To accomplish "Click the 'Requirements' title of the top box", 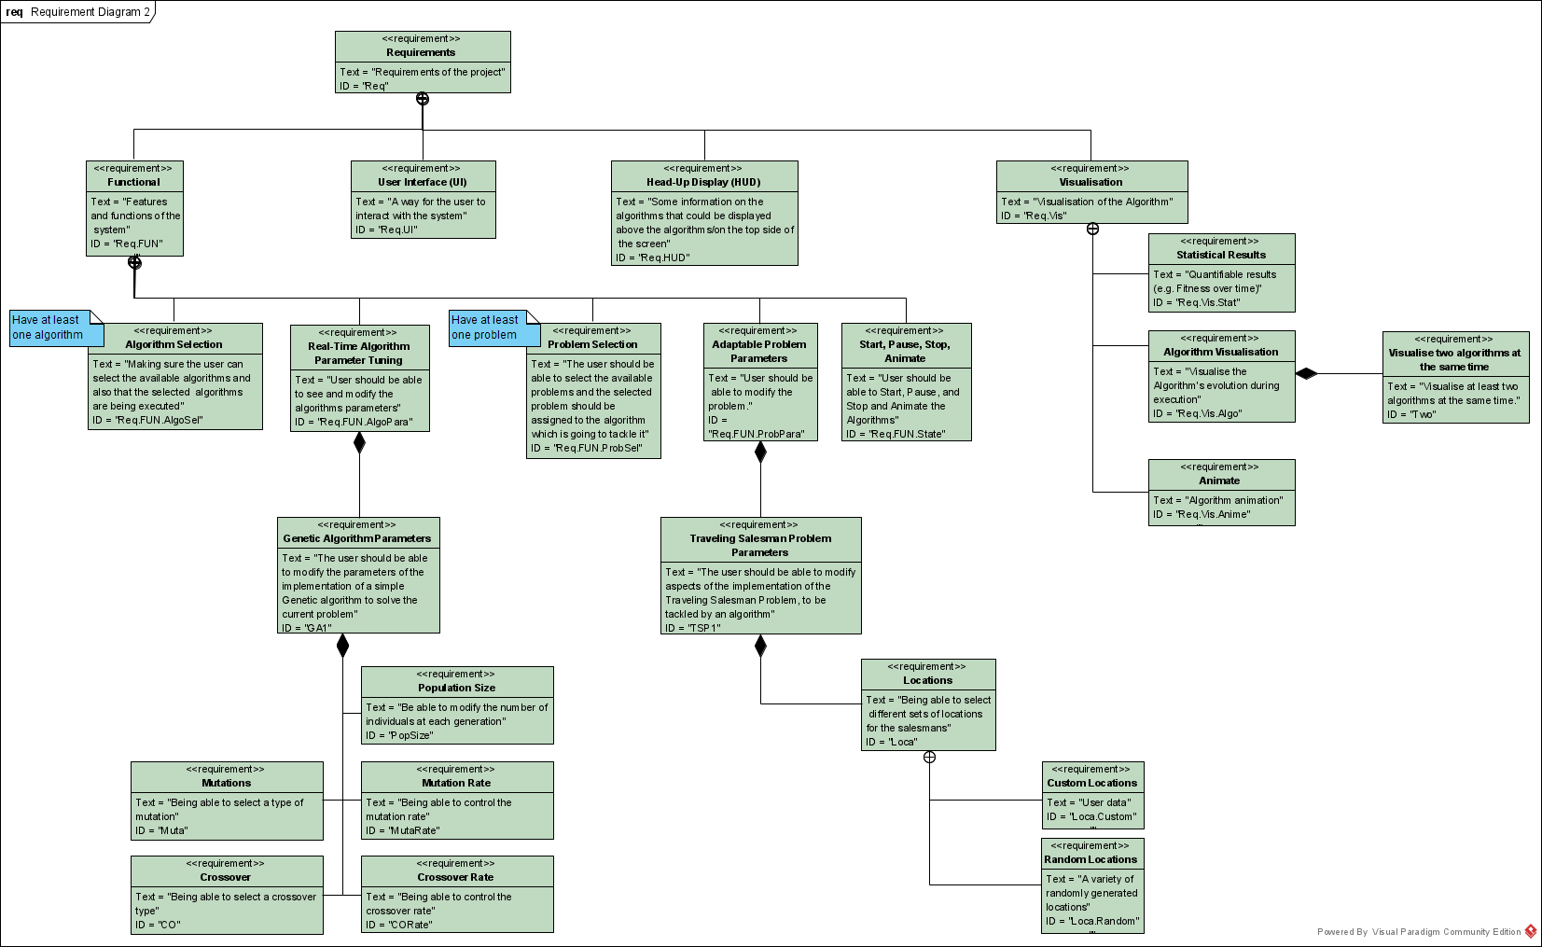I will click(x=421, y=53).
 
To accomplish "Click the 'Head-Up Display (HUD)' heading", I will click(x=703, y=183).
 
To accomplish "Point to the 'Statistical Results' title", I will click(x=1220, y=255).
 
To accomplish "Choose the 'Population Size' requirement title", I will click(x=456, y=688).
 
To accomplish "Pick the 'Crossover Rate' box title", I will click(x=455, y=877).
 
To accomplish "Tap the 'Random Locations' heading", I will click(x=1091, y=859).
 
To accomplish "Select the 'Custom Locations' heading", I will click(x=1091, y=783).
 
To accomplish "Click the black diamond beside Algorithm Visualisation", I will click(x=1306, y=374).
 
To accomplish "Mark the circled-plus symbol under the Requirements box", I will click(x=423, y=99).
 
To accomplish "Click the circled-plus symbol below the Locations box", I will click(x=929, y=757).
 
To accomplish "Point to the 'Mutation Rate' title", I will click(x=455, y=783).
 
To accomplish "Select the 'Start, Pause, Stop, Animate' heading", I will click(x=905, y=351).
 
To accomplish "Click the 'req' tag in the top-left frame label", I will click(x=14, y=12).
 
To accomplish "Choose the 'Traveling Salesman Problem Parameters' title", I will click(x=760, y=545).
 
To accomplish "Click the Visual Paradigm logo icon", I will click(x=1531, y=931).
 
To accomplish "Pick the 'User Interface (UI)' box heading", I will click(x=422, y=183).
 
